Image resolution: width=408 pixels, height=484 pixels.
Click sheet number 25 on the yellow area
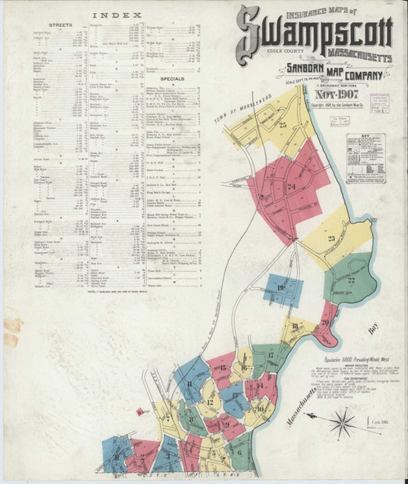tap(282, 125)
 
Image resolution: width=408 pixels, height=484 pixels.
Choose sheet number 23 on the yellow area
tap(331, 238)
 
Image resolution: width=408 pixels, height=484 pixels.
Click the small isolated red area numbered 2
tap(140, 411)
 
